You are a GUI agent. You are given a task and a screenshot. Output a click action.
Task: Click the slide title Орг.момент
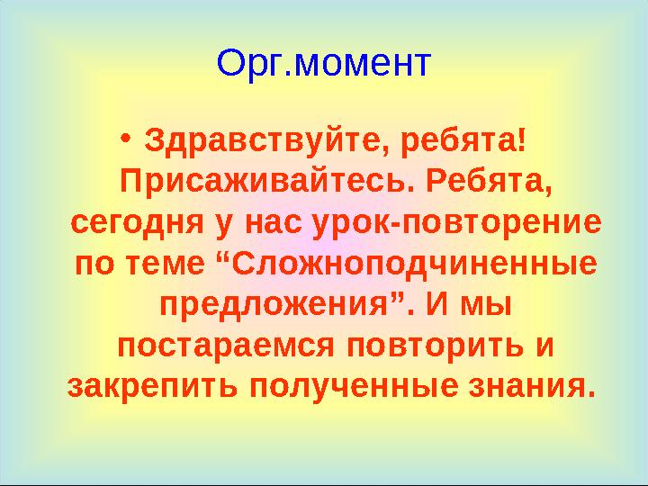324,64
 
